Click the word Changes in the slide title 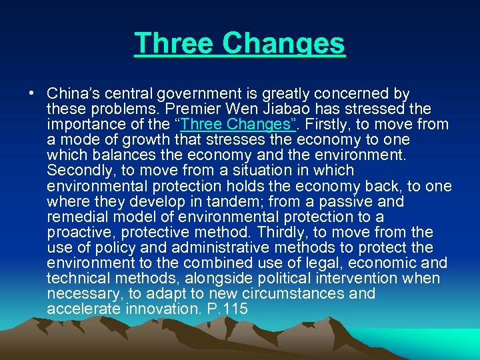point(285,44)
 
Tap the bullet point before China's point(32,93)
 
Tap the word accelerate point(83,309)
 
